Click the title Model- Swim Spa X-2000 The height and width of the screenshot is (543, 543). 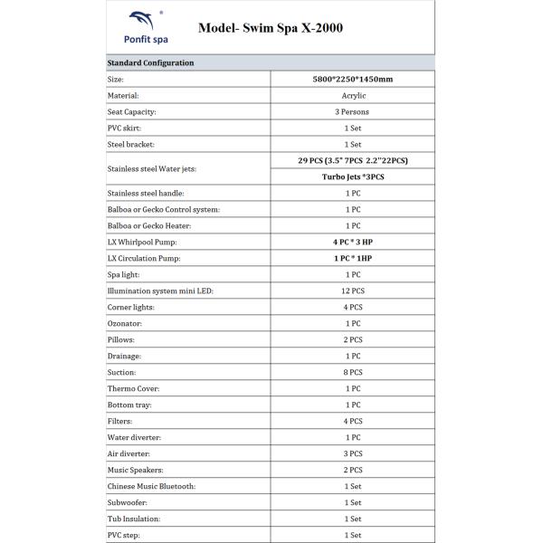(x=270, y=28)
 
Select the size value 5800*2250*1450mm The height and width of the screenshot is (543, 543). (x=352, y=79)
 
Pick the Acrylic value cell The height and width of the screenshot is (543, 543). (x=352, y=95)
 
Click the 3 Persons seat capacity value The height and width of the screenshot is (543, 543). (x=352, y=111)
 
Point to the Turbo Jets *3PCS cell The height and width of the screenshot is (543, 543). (x=352, y=176)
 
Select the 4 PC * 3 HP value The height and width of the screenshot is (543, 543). (x=352, y=242)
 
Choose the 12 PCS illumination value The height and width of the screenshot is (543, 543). (x=352, y=291)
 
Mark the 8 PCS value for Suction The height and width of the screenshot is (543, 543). (x=352, y=372)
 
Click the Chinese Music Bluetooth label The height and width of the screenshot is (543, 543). (x=151, y=486)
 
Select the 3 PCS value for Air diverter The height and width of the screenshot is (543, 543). (x=352, y=453)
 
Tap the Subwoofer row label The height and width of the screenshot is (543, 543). (x=128, y=502)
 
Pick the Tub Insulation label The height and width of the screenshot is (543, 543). (x=133, y=519)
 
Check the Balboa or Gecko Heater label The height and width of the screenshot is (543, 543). (x=152, y=225)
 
